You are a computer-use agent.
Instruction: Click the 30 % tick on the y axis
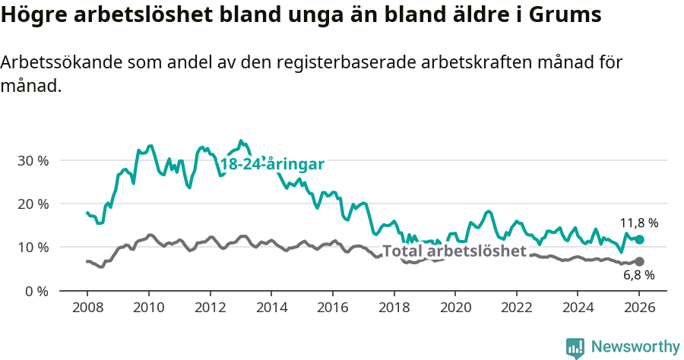click(33, 161)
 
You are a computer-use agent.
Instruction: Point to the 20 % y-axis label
click(33, 204)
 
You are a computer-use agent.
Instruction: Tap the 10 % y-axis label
click(33, 248)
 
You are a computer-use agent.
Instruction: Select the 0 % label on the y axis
click(36, 291)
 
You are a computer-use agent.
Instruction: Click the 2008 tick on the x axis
click(87, 309)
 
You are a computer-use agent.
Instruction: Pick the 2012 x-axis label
click(210, 309)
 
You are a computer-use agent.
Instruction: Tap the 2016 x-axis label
click(332, 309)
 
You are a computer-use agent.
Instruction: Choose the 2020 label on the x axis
click(455, 309)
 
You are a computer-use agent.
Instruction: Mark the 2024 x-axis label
click(578, 309)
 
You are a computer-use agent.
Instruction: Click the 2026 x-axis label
click(639, 309)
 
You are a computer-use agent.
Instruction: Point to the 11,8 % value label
click(639, 223)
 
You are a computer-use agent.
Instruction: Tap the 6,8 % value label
click(639, 275)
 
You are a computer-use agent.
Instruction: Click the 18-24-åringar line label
click(273, 165)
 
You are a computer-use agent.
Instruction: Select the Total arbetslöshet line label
click(454, 251)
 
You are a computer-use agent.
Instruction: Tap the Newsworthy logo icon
click(575, 348)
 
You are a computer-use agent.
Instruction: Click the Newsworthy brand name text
click(635, 347)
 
